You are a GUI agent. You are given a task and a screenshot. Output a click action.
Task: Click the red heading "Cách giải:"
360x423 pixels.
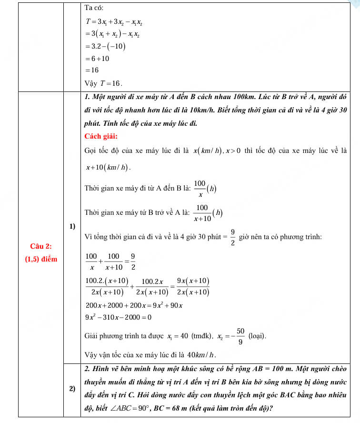(x=100, y=137)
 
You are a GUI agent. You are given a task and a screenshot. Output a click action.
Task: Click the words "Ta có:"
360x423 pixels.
(x=94, y=8)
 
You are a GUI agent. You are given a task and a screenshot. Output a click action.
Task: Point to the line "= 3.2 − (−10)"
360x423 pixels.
(x=105, y=47)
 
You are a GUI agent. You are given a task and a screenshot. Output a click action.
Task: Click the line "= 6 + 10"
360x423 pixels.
(x=97, y=59)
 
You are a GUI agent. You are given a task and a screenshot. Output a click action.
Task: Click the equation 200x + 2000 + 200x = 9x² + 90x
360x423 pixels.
(x=135, y=305)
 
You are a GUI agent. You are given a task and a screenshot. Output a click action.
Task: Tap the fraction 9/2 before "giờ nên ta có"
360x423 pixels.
(x=233, y=237)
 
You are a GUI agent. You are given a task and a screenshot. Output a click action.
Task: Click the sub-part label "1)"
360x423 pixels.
(x=72, y=226)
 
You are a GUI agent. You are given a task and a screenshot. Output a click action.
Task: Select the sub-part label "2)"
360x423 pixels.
(x=72, y=389)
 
